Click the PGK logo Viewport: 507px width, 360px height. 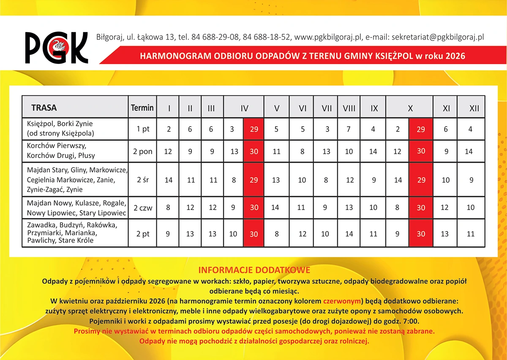[56, 47]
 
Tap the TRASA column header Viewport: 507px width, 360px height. [44, 108]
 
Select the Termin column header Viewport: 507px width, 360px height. [142, 108]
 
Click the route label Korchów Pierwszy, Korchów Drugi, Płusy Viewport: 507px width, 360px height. [61, 151]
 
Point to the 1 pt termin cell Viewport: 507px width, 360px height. [143, 129]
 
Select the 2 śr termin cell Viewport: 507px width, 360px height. [143, 180]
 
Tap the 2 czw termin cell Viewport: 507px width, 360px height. [143, 207]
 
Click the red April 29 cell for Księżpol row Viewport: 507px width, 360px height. [253, 129]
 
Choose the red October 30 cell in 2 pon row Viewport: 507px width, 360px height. [421, 151]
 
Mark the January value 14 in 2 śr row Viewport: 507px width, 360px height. [169, 180]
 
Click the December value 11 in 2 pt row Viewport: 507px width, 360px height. [470, 234]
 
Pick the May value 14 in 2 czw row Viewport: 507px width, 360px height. [275, 207]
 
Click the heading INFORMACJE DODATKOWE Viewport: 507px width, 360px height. [254, 270]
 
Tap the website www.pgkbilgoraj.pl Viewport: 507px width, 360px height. [328, 37]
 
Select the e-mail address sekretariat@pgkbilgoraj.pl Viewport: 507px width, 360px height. [438, 37]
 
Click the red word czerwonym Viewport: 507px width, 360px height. [342, 302]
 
